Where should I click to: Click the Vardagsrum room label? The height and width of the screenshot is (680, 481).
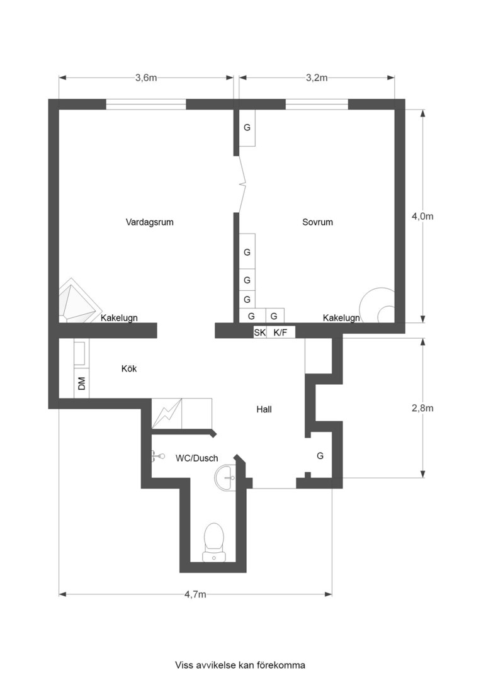150,222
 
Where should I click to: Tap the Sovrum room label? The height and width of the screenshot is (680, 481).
317,222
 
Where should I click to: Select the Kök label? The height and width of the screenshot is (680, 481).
129,368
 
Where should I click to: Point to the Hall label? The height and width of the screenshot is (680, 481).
264,409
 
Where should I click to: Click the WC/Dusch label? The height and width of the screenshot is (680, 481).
196,458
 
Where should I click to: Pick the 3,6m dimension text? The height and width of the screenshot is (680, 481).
146,77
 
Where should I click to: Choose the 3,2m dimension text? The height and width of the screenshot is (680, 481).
317,77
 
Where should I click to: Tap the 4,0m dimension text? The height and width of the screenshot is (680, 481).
422,216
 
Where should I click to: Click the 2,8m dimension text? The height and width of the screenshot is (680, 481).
422,408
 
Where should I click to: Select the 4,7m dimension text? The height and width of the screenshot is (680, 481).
196,594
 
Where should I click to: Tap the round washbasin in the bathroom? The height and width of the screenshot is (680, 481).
225,477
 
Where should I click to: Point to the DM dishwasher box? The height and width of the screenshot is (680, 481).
82,383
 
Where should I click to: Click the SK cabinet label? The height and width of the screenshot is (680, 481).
259,332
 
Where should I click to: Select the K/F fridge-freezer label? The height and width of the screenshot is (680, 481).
280,332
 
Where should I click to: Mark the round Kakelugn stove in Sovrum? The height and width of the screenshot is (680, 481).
378,306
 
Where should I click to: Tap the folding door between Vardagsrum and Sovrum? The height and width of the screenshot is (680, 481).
242,184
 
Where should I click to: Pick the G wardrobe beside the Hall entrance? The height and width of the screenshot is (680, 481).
320,456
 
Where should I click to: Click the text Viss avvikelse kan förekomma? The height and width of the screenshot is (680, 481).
240,665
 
